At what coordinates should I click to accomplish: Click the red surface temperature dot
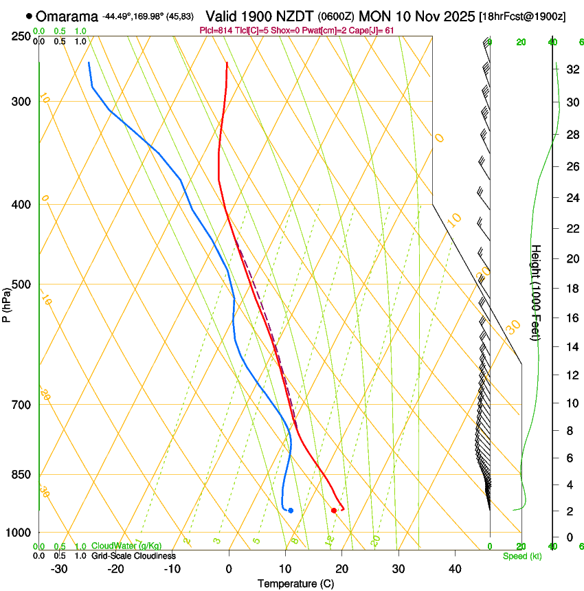coord(334,510)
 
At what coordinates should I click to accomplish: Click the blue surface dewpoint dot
coord(291,510)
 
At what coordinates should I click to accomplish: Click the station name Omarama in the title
coord(67,16)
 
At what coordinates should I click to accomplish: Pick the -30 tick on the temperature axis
coord(59,568)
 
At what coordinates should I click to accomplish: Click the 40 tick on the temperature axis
coord(454,568)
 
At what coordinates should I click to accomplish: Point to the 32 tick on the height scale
coord(572,69)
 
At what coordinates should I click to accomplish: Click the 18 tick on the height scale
coord(572,289)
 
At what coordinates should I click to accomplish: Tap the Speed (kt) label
coord(521,556)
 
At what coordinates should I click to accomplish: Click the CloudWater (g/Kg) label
coord(126,546)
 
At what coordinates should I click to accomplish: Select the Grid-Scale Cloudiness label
coord(133,556)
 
